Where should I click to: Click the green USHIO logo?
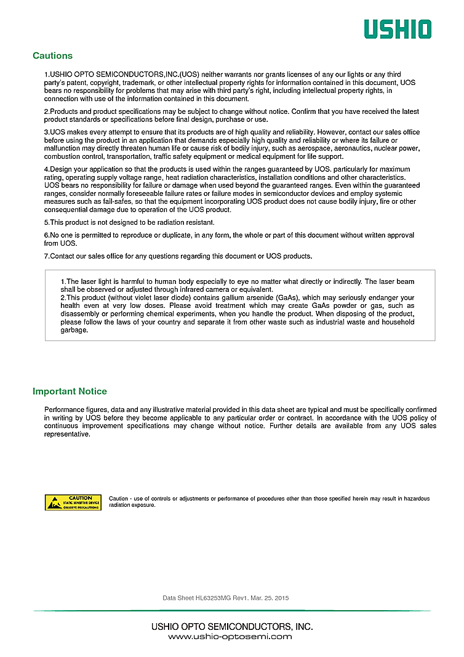397,29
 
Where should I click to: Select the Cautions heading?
52,56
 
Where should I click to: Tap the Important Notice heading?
70,392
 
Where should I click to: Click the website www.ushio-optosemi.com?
230,637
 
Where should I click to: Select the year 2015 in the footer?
281,598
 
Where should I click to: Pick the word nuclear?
382,148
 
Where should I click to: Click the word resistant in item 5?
198,222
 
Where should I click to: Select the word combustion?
62,156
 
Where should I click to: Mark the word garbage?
74,330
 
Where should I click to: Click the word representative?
67,434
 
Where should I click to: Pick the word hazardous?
412,499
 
